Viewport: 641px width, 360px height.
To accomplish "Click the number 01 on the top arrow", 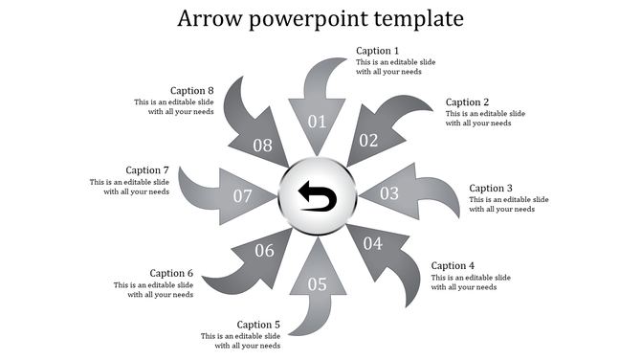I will click(317, 122).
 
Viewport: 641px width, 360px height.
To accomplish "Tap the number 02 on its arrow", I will click(369, 140).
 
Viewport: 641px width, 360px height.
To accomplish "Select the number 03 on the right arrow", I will click(389, 193).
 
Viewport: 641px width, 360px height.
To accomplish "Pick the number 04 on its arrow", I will click(373, 244).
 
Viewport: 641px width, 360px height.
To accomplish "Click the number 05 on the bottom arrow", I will click(317, 283).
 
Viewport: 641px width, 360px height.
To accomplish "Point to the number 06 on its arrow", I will click(264, 251).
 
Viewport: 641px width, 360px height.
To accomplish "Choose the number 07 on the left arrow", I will click(243, 196).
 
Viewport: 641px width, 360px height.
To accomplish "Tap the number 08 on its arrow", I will click(262, 146).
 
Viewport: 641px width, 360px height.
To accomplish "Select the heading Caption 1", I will click(378, 51).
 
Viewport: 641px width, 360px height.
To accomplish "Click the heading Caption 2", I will click(468, 102).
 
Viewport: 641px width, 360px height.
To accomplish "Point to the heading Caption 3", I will click(492, 189).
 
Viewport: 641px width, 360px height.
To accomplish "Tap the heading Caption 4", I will click(453, 265).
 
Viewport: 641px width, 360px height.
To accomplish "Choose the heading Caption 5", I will click(258, 325).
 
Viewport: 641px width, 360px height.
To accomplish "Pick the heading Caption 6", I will click(171, 273).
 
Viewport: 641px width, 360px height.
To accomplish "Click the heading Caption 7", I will click(147, 170).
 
